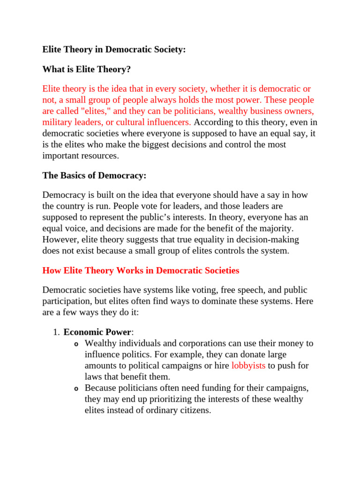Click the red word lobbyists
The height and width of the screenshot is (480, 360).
click(x=248, y=366)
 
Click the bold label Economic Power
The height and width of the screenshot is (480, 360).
click(x=97, y=332)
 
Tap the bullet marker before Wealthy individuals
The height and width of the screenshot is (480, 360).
click(x=76, y=344)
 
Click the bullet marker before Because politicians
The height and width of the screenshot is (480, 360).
click(x=76, y=389)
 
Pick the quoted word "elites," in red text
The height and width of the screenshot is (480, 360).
click(x=97, y=112)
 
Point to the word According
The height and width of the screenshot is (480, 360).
click(x=212, y=122)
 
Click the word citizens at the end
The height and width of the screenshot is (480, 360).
click(x=194, y=411)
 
